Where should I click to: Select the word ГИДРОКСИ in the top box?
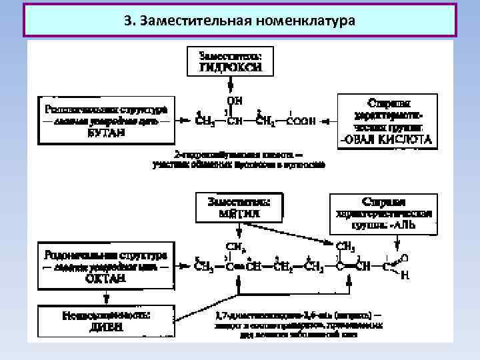click(230, 67)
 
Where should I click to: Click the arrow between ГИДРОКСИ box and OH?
click(231, 86)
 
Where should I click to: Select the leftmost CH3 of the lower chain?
click(203, 267)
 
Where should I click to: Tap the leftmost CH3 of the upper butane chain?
click(205, 122)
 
